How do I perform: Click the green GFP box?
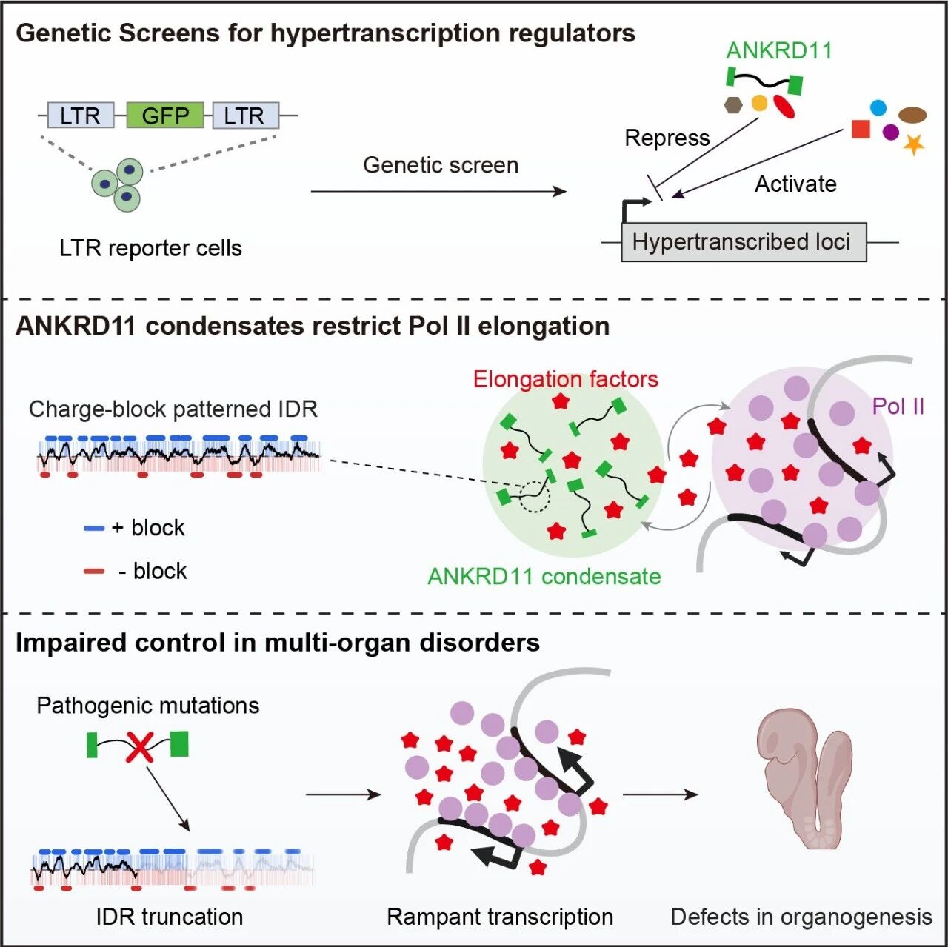pyautogui.click(x=165, y=115)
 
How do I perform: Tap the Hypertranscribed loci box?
pyautogui.click(x=744, y=242)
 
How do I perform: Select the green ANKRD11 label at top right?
pyautogui.click(x=778, y=50)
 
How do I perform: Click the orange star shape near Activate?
pyautogui.click(x=914, y=144)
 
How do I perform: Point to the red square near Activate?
pyautogui.click(x=861, y=129)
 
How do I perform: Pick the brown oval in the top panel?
pyautogui.click(x=912, y=115)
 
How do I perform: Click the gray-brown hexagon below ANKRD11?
pyautogui.click(x=733, y=105)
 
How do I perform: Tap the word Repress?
pyautogui.click(x=667, y=138)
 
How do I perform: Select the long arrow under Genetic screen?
pyautogui.click(x=439, y=191)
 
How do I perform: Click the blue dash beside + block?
pyautogui.click(x=94, y=529)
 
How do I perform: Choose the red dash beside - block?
pyautogui.click(x=94, y=571)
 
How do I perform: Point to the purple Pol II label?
pyautogui.click(x=898, y=406)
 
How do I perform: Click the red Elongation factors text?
pyautogui.click(x=565, y=379)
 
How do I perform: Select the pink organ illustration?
pyautogui.click(x=804, y=779)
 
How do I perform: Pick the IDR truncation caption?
pyautogui.click(x=170, y=917)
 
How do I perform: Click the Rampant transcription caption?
pyautogui.click(x=500, y=917)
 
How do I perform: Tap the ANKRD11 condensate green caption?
pyautogui.click(x=544, y=577)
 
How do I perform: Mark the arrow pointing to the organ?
pyautogui.click(x=660, y=794)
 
